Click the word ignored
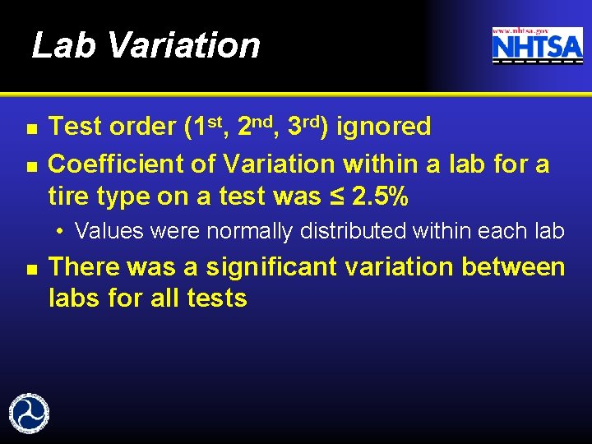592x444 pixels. pos(384,127)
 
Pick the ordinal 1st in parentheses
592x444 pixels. pos(207,126)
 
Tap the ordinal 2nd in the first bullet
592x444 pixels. pos(256,126)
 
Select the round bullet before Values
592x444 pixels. pos(62,231)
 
